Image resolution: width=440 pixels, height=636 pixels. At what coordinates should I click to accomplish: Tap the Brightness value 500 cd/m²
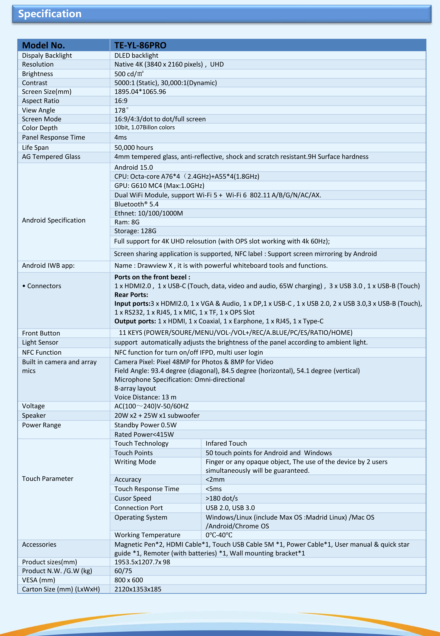click(129, 74)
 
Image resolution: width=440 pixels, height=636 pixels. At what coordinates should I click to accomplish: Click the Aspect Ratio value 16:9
click(121, 101)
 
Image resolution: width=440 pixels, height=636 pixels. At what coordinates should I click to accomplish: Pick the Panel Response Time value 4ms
click(120, 137)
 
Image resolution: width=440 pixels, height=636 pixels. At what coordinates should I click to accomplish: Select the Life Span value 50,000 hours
click(133, 148)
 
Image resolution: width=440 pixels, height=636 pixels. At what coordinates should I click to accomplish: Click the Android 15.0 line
click(133, 167)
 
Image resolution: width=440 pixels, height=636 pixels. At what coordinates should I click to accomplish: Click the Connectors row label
click(44, 286)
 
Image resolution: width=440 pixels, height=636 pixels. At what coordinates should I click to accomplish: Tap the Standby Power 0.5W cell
click(145, 425)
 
